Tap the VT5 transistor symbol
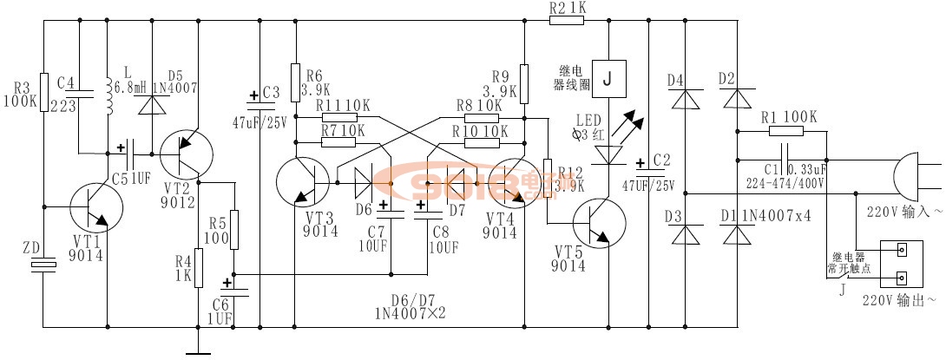tap(598, 222)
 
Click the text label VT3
tap(319, 216)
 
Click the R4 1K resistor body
tap(199, 267)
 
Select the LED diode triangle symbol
tap(608, 154)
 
